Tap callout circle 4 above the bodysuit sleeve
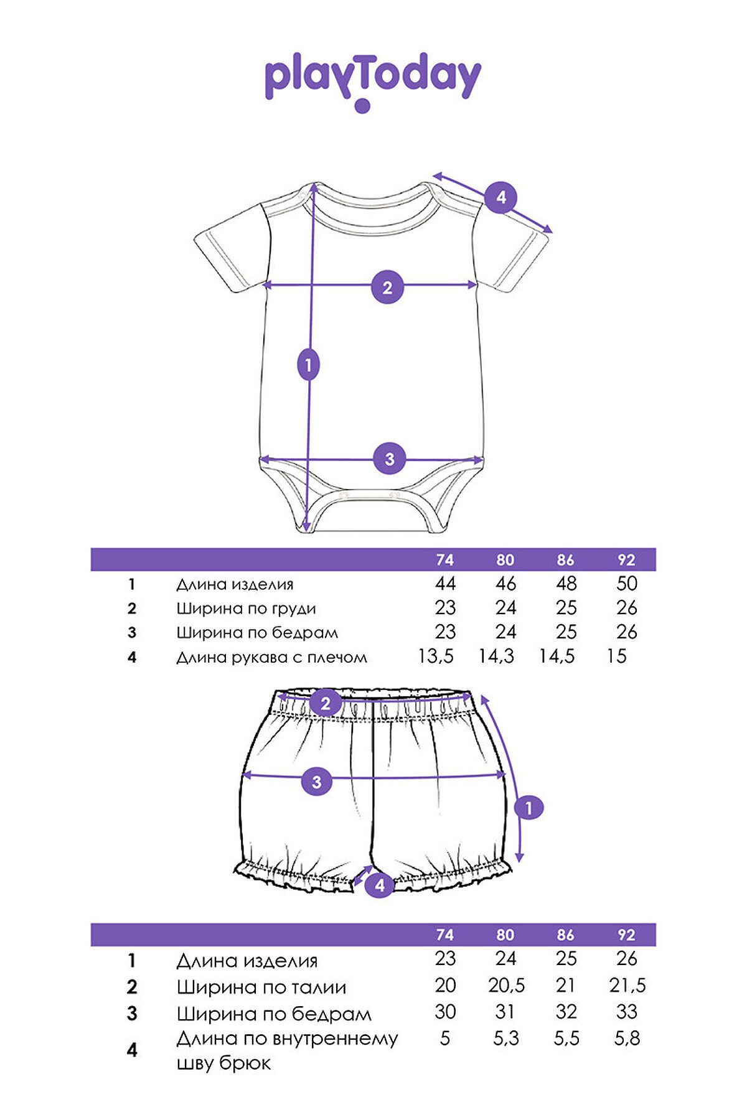click(501, 198)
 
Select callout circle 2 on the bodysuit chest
click(387, 288)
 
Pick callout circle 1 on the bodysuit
click(309, 365)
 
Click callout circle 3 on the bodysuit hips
click(389, 459)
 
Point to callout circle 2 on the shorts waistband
click(326, 704)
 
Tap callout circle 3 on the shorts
click(317, 781)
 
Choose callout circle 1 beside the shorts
click(529, 808)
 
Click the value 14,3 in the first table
click(496, 656)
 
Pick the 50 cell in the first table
click(627, 584)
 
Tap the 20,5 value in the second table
click(506, 986)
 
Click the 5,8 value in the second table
click(627, 1038)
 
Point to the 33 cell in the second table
click(627, 1012)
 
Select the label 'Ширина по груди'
click(246, 609)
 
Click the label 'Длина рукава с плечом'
click(272, 657)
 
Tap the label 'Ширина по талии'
click(261, 987)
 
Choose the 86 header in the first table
click(565, 560)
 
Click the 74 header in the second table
click(444, 935)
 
